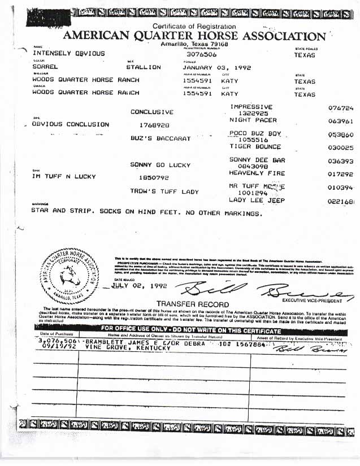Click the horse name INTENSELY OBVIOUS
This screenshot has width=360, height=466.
pyautogui.click(x=68, y=53)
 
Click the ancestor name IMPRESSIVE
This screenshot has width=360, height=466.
pyautogui.click(x=251, y=107)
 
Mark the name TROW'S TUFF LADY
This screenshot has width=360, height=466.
pyautogui.click(x=165, y=192)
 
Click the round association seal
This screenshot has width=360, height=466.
pyautogui.click(x=70, y=277)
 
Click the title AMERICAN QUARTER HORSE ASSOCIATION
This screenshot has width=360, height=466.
pyautogui.click(x=194, y=36)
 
